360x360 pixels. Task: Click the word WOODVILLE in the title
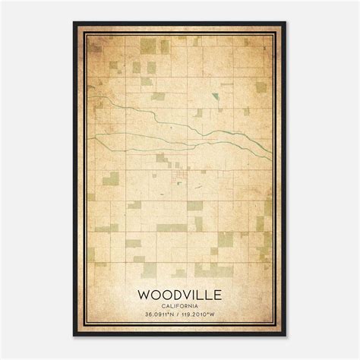tap(179, 292)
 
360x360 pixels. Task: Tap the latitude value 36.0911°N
tap(156, 315)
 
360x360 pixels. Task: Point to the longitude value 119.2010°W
tap(204, 315)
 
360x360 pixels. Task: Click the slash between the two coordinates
tap(179, 315)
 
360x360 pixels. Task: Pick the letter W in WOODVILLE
tap(144, 292)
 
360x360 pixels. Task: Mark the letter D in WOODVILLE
tap(172, 292)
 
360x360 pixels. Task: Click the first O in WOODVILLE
tap(153, 292)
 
